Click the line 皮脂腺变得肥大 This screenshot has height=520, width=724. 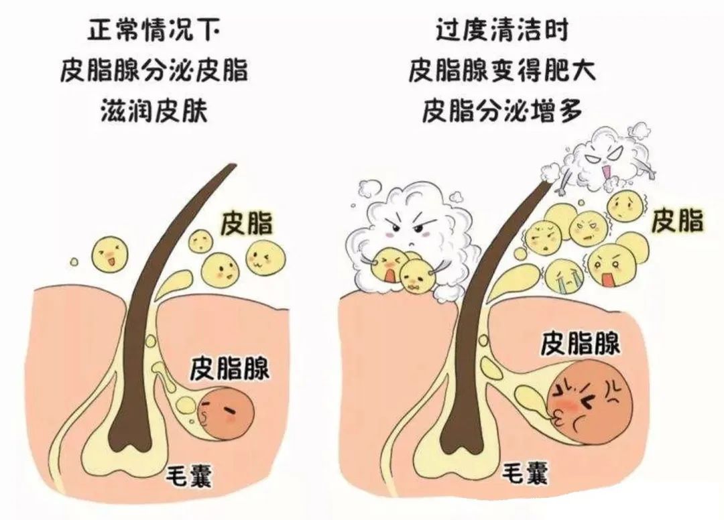tap(501, 70)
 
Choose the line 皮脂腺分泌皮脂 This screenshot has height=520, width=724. tap(154, 70)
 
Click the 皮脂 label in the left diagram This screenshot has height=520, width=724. tap(247, 223)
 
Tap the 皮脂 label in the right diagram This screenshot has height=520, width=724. tap(677, 220)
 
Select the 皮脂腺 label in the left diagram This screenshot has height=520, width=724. tap(230, 367)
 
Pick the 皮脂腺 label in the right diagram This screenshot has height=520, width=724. tap(580, 343)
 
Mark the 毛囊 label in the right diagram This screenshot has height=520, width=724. tap(525, 473)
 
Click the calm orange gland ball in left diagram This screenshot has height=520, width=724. tap(228, 411)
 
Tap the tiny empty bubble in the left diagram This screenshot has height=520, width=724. tap(74, 262)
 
